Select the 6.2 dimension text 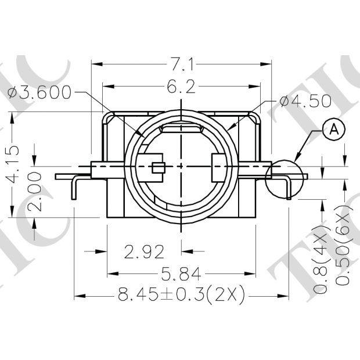(181, 87)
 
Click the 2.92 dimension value (145, 251)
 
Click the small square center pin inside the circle (158, 168)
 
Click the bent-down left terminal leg (74, 189)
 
